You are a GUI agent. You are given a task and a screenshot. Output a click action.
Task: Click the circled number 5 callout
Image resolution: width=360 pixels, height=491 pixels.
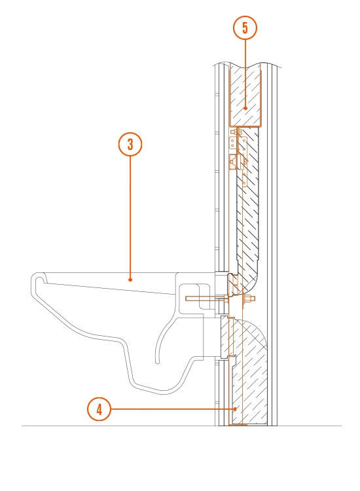coord(245,27)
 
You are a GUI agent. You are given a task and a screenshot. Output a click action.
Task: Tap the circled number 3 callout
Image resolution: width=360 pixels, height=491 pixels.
coord(130,144)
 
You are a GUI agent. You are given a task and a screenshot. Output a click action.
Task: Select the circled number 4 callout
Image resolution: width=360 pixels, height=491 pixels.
coord(99,409)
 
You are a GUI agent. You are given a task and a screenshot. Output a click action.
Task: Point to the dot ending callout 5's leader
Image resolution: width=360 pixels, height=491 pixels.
coord(245,108)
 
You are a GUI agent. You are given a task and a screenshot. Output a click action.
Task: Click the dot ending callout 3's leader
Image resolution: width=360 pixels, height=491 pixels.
coord(130,280)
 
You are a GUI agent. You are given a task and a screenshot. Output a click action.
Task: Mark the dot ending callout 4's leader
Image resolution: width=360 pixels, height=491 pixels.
coord(236,409)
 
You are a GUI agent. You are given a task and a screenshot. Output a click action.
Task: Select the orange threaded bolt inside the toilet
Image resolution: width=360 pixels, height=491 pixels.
coord(207,299)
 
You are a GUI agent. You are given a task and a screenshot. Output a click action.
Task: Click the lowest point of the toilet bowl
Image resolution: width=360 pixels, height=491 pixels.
coord(163,392)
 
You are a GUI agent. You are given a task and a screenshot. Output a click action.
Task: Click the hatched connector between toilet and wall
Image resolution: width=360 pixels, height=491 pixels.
coord(225,336)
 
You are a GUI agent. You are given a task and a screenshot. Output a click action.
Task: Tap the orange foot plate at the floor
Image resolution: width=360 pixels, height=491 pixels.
coord(238,425)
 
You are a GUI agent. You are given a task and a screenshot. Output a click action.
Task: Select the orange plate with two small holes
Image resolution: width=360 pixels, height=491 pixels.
coord(232,143)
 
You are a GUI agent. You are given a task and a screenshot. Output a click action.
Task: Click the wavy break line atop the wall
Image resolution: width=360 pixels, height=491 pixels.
coord(247,65)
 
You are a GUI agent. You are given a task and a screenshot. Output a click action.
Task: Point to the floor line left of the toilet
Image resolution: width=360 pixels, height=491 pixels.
coord(118,426)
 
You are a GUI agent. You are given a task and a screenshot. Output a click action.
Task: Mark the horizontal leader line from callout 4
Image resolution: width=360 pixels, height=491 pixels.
coord(173,409)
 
